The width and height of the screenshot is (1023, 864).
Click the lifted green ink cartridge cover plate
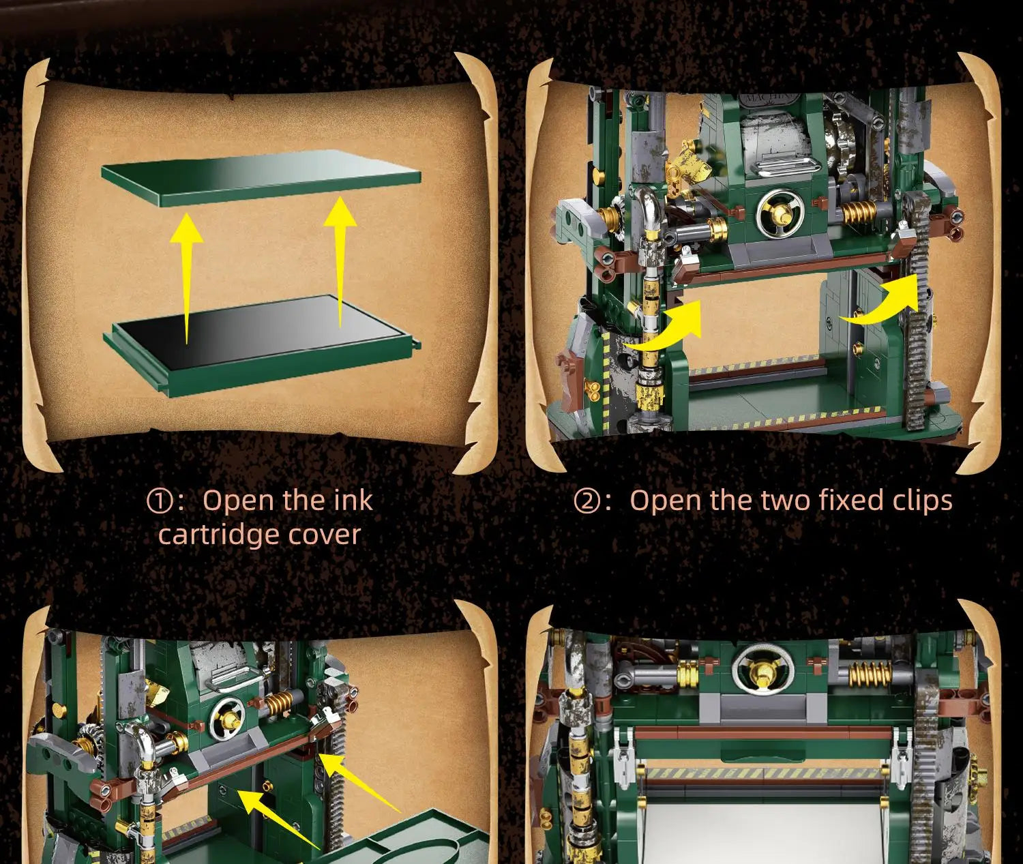[x=261, y=182]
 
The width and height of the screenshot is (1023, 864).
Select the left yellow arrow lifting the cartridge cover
[x=186, y=278]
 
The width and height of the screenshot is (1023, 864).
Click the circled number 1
[x=159, y=501]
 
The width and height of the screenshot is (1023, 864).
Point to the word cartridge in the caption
[x=219, y=535]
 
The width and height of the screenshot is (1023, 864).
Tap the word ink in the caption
[x=354, y=500]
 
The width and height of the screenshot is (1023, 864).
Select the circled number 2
[x=586, y=501]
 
